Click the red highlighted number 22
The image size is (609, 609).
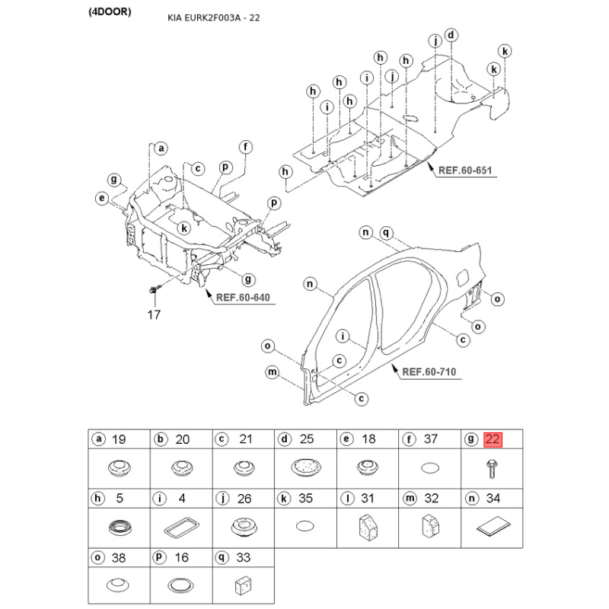tap(493, 438)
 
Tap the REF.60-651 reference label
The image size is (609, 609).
tap(467, 171)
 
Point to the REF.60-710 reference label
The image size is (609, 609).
tap(429, 372)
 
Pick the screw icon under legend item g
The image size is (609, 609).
tap(491, 470)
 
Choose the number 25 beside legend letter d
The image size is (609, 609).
tap(307, 439)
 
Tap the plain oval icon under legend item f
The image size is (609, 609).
tap(431, 468)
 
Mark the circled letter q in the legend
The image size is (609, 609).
tap(222, 558)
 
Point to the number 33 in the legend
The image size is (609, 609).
tap(244, 558)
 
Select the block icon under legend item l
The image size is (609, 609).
tap(368, 526)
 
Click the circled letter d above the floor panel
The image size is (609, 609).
tap(451, 35)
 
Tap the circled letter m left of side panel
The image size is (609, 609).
tap(272, 371)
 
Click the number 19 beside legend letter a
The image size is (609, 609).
tap(119, 439)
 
